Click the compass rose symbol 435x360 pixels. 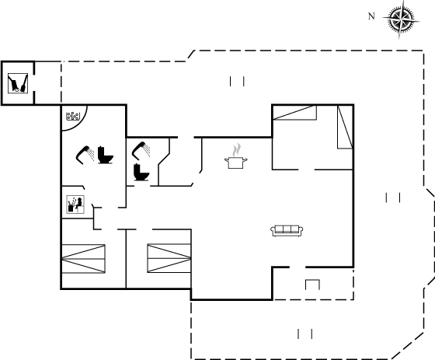pyautogui.click(x=401, y=19)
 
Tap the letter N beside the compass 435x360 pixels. pyautogui.click(x=371, y=16)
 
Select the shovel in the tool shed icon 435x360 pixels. pyautogui.click(x=24, y=83)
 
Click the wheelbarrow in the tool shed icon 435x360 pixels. pyautogui.click(x=14, y=83)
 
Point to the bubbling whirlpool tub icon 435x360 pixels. pyautogui.click(x=73, y=116)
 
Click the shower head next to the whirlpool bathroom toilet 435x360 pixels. pyautogui.click(x=85, y=155)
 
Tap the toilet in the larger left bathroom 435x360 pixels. pyautogui.click(x=106, y=155)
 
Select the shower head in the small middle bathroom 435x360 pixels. pyautogui.click(x=141, y=151)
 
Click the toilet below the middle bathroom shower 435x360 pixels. pyautogui.click(x=141, y=172)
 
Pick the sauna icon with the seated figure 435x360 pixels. pyautogui.click(x=75, y=204)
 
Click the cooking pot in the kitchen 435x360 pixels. pyautogui.click(x=236, y=163)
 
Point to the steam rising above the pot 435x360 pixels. pyautogui.click(x=237, y=150)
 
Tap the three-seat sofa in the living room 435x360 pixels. pyautogui.click(x=287, y=231)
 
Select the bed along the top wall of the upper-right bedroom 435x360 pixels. pyautogui.click(x=294, y=113)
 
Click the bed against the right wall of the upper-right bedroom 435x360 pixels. pyautogui.click(x=345, y=127)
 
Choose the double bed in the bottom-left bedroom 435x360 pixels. pyautogui.click(x=83, y=259)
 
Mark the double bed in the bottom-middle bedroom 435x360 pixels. pyautogui.click(x=169, y=258)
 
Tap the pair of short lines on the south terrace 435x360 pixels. pyautogui.click(x=305, y=334)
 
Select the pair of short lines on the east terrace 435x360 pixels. pyautogui.click(x=393, y=197)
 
